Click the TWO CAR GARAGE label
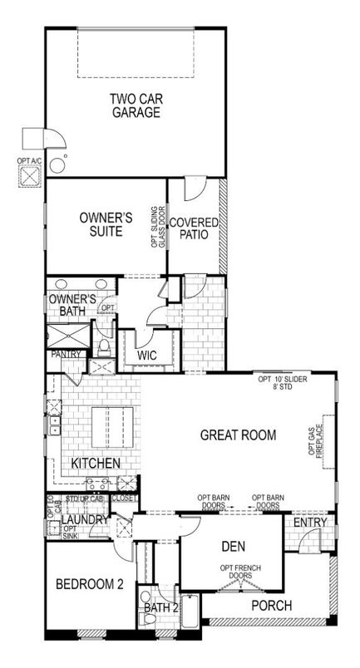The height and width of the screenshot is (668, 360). (135, 107)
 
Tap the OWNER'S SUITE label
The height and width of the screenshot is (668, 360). (106, 224)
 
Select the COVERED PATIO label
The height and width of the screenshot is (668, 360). (194, 229)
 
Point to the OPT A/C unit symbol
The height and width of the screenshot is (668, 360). (32, 176)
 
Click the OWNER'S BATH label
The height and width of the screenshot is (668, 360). (72, 305)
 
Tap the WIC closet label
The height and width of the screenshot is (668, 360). (146, 356)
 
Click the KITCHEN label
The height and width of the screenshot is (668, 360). (96, 462)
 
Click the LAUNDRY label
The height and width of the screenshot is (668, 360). (85, 520)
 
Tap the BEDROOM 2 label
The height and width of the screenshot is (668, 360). (90, 585)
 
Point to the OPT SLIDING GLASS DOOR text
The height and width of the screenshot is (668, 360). (155, 227)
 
